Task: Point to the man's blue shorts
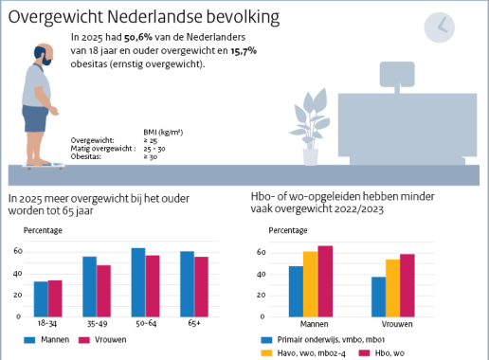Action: (36, 118)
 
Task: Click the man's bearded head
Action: (39, 57)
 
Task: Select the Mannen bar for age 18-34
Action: (40, 300)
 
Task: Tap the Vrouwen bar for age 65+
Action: (201, 288)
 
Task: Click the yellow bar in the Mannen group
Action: (310, 286)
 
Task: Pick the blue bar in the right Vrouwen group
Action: (378, 298)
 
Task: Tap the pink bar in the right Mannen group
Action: (325, 283)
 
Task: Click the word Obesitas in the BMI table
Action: (87, 155)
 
